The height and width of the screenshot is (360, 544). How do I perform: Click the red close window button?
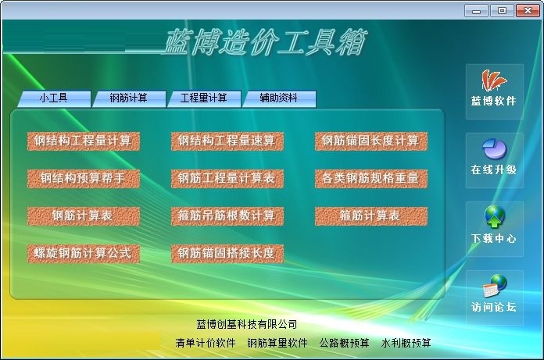click(x=528, y=10)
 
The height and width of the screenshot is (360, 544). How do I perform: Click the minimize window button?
click(x=476, y=10)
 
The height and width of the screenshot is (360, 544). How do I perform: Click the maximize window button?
click(x=502, y=10)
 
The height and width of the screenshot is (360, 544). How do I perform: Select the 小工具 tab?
click(x=54, y=98)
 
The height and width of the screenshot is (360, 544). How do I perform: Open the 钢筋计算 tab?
click(x=129, y=98)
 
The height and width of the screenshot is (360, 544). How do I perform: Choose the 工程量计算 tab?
click(x=204, y=98)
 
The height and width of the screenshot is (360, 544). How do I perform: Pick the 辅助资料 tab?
click(x=279, y=98)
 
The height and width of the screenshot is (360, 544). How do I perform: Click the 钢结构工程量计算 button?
click(x=84, y=141)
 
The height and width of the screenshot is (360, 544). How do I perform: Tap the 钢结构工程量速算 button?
click(x=227, y=141)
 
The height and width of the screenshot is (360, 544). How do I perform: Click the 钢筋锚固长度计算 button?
click(x=371, y=141)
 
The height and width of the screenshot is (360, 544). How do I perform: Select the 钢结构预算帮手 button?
click(x=84, y=179)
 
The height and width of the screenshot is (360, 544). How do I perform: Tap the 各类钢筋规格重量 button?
click(x=371, y=179)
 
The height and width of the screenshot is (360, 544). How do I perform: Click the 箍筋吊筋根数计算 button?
click(x=227, y=216)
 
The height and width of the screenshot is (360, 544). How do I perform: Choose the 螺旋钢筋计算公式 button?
click(x=84, y=253)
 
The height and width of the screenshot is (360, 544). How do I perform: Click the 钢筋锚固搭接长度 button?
click(x=227, y=253)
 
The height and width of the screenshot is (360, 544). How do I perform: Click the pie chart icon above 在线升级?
click(x=495, y=148)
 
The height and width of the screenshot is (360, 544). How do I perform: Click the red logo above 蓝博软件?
click(x=494, y=80)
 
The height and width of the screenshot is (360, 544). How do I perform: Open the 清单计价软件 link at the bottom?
click(x=206, y=343)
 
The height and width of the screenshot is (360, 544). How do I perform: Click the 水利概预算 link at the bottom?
click(x=406, y=343)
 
